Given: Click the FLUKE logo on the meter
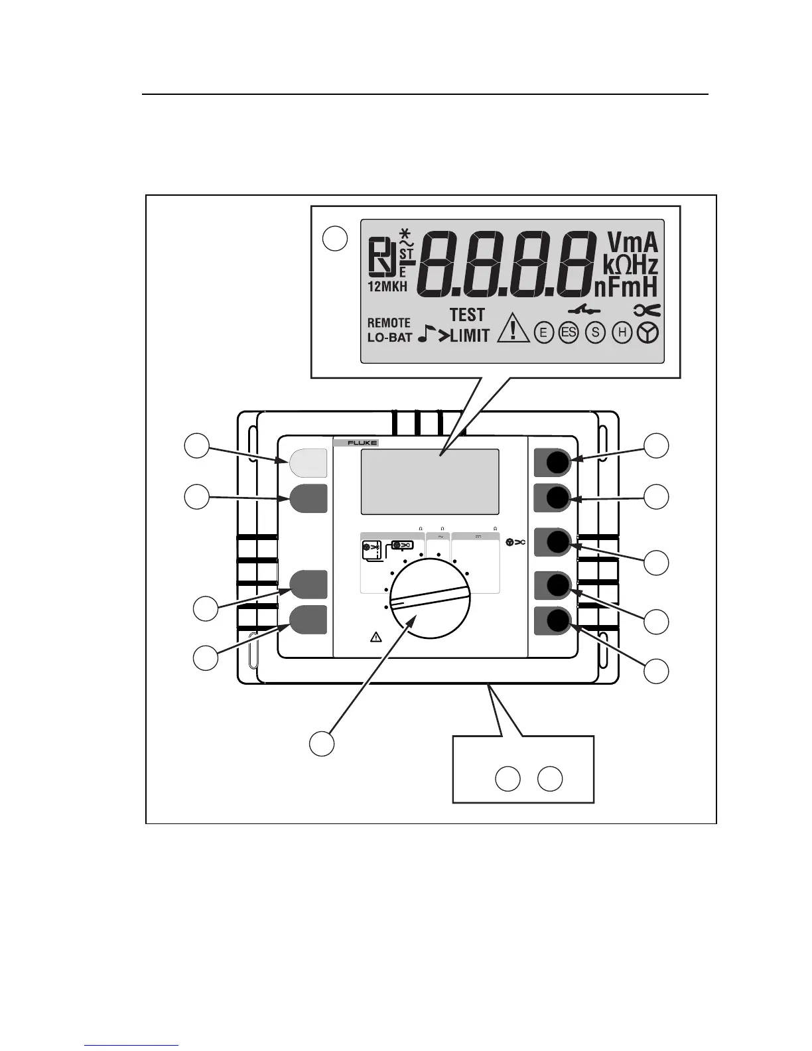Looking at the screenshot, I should click(x=356, y=443).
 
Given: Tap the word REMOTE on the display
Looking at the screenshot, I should click(x=389, y=323).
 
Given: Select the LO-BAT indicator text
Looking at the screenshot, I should click(x=389, y=337).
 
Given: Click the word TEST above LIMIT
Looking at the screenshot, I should click(x=467, y=315).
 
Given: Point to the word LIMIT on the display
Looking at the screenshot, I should click(x=470, y=336).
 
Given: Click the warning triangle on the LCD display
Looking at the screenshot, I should click(x=513, y=328).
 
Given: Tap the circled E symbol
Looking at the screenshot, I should click(x=543, y=333).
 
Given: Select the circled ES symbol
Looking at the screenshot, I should click(x=569, y=332).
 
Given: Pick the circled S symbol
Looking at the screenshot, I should click(x=596, y=332).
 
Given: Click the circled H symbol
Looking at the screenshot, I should click(x=622, y=332).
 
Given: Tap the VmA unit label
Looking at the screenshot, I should click(x=632, y=243).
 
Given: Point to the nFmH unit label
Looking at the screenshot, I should click(x=626, y=287).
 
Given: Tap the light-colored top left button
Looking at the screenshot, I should click(x=308, y=462).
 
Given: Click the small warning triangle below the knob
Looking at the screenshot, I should click(x=375, y=638).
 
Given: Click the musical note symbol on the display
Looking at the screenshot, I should click(x=425, y=334).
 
